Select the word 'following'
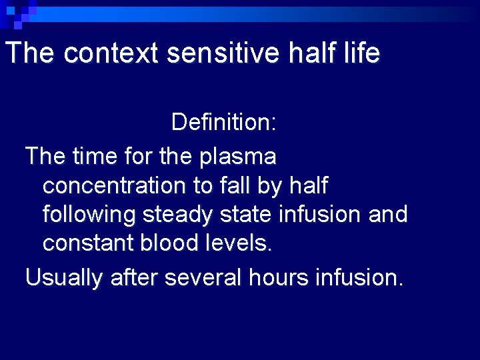tap(89, 215)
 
